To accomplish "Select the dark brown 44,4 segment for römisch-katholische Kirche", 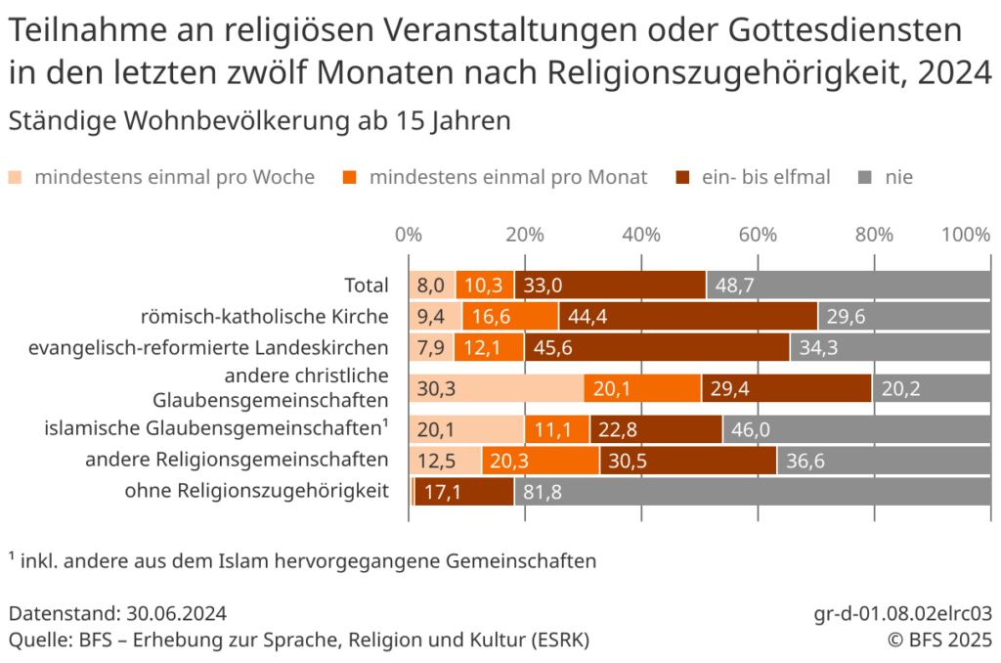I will pos(688,316).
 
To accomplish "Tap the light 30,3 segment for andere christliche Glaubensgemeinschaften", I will pos(496,388).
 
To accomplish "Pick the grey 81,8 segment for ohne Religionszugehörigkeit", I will pos(753,492).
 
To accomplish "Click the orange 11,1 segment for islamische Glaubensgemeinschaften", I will pos(557,429).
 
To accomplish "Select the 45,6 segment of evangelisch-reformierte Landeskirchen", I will pos(657,347).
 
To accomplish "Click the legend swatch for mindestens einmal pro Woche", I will pos(17,177).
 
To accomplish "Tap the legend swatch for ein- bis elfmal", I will pos(682,177).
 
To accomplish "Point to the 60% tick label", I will pos(758,235).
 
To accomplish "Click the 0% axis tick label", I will pos(408,235).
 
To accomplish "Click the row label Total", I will pos(367,286).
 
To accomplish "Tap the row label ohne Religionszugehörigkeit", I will pos(257,492).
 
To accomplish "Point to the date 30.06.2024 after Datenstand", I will pos(177,614).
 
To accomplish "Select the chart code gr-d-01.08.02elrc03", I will pos(903,614).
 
